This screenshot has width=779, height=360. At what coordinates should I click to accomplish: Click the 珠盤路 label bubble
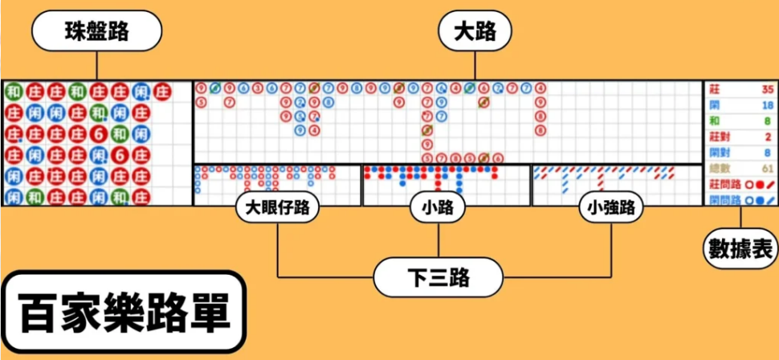[96, 31]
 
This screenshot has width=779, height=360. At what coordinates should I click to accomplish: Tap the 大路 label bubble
[475, 32]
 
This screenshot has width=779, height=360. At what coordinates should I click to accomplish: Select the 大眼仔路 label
[277, 208]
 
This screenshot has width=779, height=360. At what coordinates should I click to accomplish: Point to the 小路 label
[438, 208]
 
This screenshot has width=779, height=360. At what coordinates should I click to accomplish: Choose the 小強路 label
[611, 208]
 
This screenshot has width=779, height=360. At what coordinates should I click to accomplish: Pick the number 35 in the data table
[766, 90]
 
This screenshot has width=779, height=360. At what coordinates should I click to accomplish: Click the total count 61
[766, 168]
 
